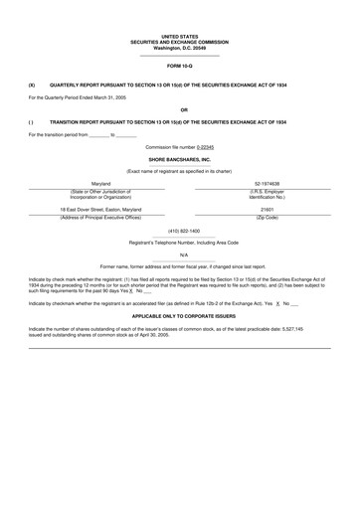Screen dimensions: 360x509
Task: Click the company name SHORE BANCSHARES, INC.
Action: click(x=179, y=159)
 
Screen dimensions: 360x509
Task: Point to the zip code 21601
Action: click(x=267, y=210)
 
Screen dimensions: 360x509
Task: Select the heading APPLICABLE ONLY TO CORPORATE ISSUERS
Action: click(x=179, y=313)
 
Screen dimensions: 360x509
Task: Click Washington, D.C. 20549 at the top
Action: click(x=179, y=48)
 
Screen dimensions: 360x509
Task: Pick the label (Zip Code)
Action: click(x=267, y=218)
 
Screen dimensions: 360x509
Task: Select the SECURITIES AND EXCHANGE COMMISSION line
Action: click(x=179, y=42)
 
